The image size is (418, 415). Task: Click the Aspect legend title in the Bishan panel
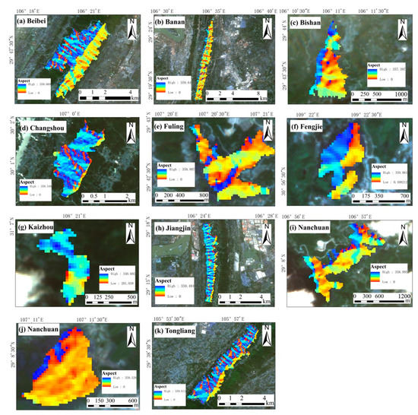point(299,66)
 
